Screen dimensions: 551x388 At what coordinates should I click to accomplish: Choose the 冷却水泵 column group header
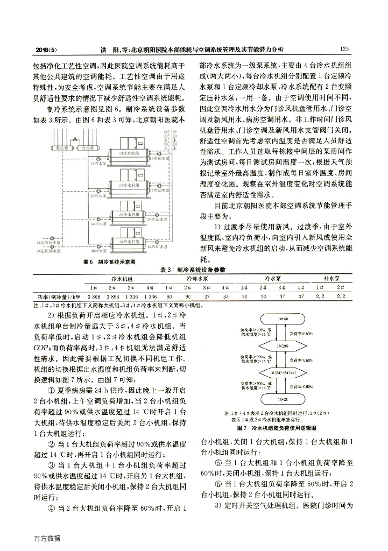point(196,279)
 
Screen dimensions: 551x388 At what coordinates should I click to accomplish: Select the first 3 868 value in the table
point(94,296)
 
